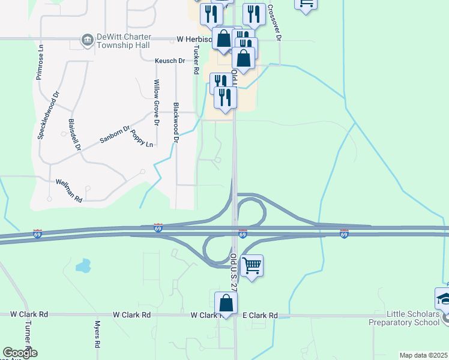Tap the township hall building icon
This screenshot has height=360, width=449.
pos(87,41)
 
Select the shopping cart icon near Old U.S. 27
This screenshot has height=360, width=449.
pos(252,265)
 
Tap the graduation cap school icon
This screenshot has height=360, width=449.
pos(444,299)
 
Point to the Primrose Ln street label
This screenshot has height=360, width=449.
pos(40,62)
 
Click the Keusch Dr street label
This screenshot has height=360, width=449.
pos(170,61)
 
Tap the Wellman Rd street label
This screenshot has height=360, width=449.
pos(68,190)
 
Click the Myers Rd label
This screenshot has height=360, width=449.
pos(97,334)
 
